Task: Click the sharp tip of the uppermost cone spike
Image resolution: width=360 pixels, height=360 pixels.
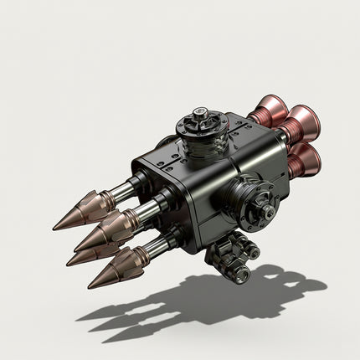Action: click(54, 227)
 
